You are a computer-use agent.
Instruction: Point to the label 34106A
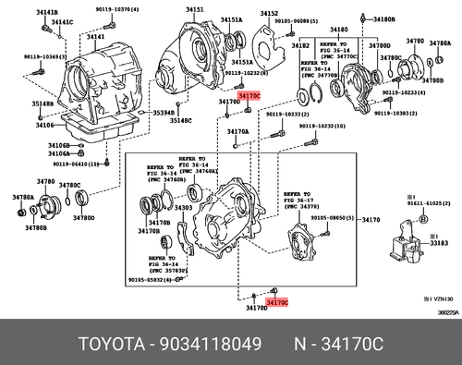pyautogui.click(x=33, y=155)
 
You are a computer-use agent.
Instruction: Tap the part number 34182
pyautogui.click(x=300, y=44)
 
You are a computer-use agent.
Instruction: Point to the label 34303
pyautogui.click(x=184, y=209)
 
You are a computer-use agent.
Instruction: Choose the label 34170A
pyautogui.click(x=238, y=131)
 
